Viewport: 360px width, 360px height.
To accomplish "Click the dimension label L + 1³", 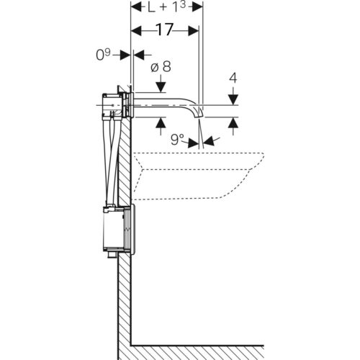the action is [166, 7].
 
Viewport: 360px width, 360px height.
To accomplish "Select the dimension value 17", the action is [165, 30].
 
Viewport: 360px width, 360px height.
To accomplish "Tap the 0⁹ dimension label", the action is [103, 55].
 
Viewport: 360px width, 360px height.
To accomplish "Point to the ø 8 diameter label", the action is [161, 67].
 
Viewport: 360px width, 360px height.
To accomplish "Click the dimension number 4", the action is [233, 78].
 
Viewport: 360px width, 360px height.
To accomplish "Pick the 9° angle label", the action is [177, 140].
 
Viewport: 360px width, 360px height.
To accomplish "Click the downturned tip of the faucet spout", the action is [199, 115].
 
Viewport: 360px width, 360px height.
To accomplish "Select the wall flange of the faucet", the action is [132, 105].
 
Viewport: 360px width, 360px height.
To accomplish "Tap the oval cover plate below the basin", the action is [133, 230].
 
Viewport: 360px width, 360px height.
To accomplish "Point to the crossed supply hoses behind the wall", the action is [111, 161].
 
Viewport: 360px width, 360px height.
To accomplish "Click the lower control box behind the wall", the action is [114, 230].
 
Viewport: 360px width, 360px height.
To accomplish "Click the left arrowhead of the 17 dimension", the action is [136, 31].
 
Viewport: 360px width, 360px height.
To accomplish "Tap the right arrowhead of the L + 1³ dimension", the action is [197, 7].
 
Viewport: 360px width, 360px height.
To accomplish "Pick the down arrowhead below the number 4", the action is [233, 99].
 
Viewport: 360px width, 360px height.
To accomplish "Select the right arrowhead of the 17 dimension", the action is [194, 31].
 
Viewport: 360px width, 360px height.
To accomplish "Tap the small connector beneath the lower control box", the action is [112, 256].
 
